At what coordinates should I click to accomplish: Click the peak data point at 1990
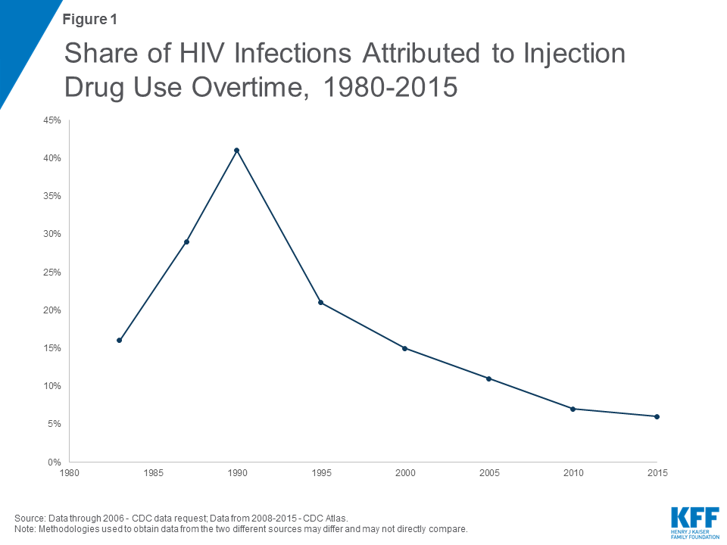[237, 150]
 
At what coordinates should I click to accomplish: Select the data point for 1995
[320, 302]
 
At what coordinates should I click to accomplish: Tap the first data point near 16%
[120, 340]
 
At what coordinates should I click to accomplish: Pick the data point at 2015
[657, 416]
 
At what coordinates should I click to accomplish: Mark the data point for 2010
[573, 409]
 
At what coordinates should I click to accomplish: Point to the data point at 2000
[405, 348]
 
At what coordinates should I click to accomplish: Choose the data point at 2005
[488, 378]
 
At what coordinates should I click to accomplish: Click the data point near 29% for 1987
[186, 241]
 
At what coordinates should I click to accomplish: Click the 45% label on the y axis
[52, 120]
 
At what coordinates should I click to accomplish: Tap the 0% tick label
[55, 462]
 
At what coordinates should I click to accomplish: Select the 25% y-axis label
[52, 272]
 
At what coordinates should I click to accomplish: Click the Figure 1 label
[89, 19]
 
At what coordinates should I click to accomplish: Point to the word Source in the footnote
[28, 517]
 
